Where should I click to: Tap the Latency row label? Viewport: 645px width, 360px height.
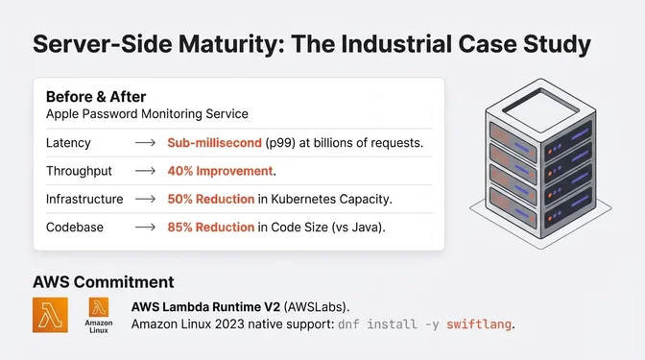pos(67,143)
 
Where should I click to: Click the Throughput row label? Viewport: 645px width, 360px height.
pos(78,171)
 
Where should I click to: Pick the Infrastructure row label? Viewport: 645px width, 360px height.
pos(84,199)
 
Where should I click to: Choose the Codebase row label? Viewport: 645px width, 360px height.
pos(75,228)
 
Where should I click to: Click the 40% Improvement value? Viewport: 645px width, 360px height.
pos(221,171)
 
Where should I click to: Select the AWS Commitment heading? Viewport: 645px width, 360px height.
pos(103,282)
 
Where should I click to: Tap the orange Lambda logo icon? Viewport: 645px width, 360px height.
pos(50,315)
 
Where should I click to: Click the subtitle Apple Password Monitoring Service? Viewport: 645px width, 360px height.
pos(147,114)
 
